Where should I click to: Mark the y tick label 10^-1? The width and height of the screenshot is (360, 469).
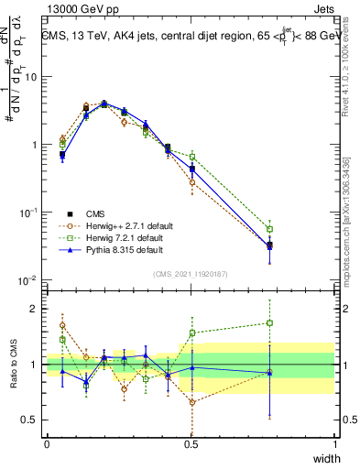29,213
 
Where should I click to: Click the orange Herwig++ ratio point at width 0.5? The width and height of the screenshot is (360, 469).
191,402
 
